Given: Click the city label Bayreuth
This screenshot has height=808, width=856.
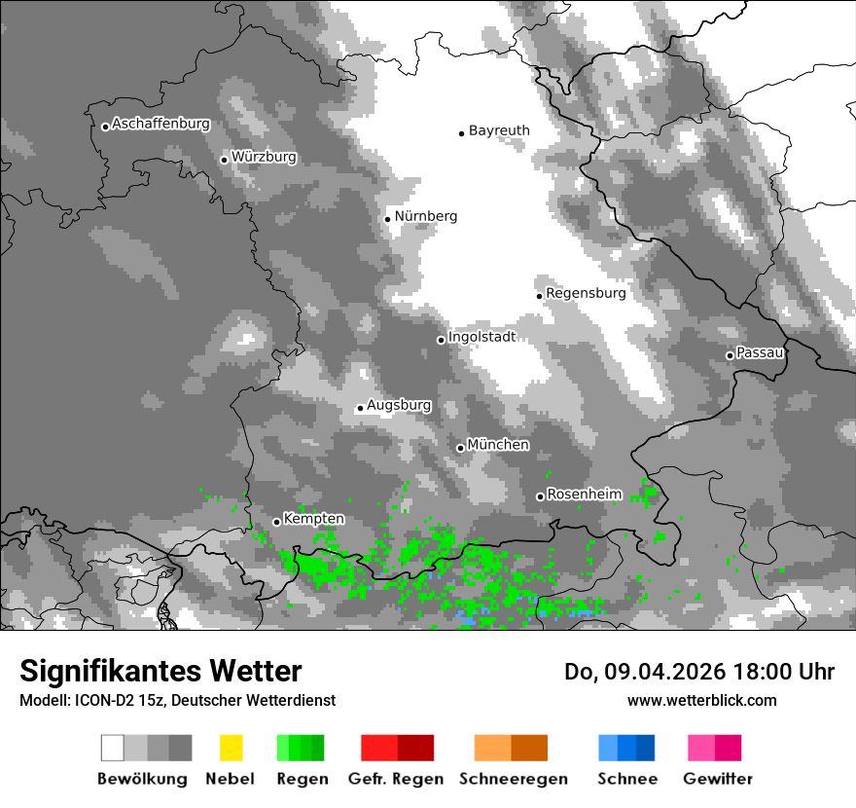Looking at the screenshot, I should point(499,130).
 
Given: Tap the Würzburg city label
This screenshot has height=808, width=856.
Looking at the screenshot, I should point(264,157).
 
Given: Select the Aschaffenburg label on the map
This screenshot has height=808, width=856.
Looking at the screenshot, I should point(160,124).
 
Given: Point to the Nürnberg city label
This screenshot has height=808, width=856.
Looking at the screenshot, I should point(425,216).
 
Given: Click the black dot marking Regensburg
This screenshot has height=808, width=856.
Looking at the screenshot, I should point(539,295).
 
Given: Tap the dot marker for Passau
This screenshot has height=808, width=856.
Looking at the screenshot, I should point(730,355).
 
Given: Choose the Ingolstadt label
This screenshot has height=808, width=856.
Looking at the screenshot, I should point(481,337).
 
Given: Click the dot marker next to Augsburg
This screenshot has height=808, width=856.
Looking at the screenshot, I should point(360,408).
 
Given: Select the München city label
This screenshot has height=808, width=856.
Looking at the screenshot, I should point(498,445).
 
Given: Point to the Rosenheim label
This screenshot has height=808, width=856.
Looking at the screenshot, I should point(584,495).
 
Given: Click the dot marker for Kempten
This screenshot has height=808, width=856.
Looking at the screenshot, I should point(276,522).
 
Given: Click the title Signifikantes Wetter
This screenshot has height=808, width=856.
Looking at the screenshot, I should point(160,671).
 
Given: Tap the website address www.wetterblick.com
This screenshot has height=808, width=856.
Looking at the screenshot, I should point(701,700).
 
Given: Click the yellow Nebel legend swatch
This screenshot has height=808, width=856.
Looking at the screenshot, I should point(231,748).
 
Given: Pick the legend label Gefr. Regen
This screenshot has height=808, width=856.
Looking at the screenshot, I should point(396,779).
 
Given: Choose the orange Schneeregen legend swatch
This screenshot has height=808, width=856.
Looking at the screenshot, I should point(511,748).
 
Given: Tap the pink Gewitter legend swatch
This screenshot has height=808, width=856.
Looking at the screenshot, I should point(714,748).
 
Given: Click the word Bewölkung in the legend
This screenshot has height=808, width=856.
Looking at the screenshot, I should point(142,779).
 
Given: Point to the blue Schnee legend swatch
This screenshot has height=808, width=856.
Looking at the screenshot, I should point(626,748).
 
